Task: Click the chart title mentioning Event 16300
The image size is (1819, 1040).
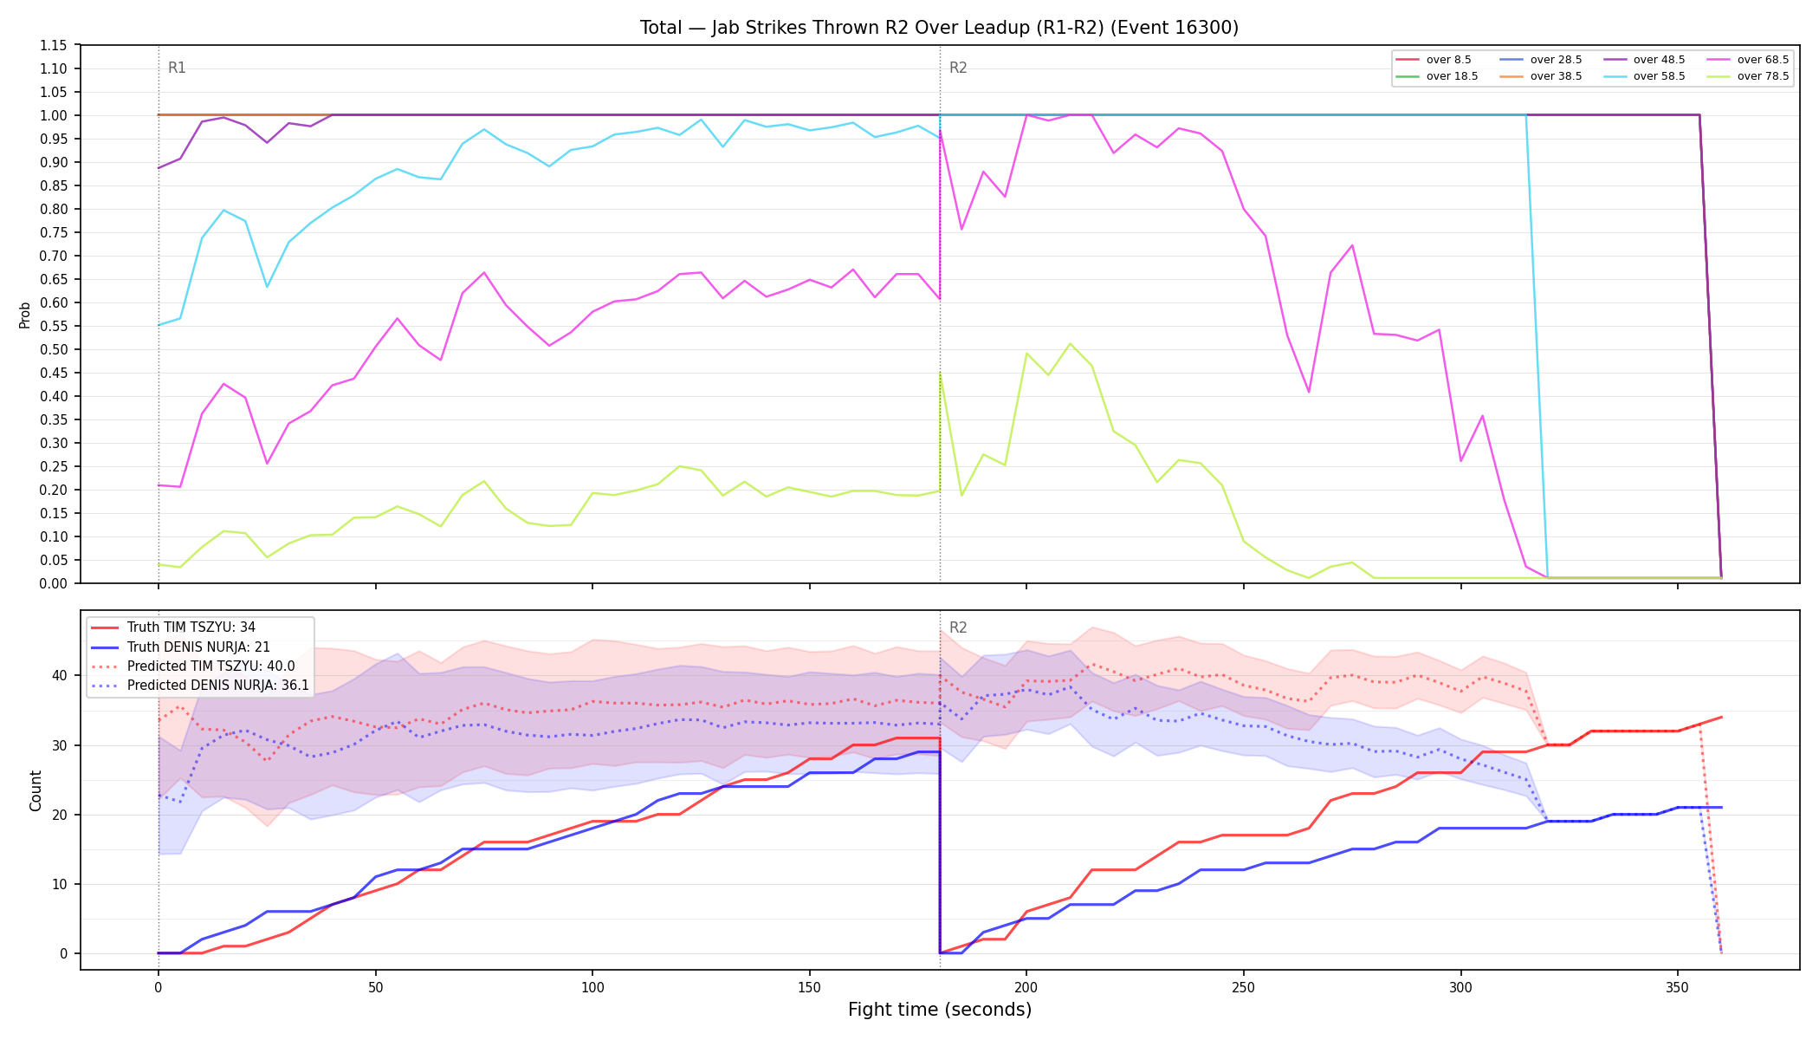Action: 939,28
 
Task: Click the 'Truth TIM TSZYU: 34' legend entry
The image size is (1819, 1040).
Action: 173,627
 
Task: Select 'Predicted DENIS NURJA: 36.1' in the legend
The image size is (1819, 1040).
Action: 200,685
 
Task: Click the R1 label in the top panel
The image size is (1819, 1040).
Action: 177,68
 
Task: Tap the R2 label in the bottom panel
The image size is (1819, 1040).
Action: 958,627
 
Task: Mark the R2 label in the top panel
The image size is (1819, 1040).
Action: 958,68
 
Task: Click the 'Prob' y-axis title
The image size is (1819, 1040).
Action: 25,315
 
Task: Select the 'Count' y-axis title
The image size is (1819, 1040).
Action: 36,790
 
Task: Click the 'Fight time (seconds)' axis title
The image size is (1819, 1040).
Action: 940,1010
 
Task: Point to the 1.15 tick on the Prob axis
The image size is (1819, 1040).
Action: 54,45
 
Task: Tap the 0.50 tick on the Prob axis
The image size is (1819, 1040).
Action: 54,349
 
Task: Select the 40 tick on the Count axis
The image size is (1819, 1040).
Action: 60,675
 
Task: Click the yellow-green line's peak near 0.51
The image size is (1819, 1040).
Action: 1070,344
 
